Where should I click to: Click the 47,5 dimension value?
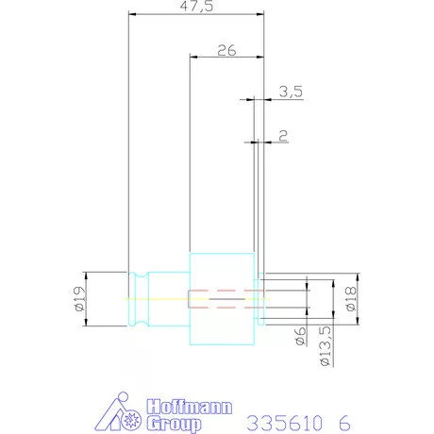(196, 7)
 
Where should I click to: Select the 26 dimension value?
(226, 50)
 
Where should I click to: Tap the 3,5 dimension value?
(291, 92)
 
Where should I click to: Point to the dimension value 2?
(283, 136)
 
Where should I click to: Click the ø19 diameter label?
(80, 298)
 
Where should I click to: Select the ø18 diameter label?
(351, 299)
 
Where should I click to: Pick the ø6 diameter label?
(301, 336)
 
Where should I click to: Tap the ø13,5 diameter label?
(325, 346)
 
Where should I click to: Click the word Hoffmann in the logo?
(190, 407)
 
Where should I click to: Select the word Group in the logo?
(174, 424)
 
